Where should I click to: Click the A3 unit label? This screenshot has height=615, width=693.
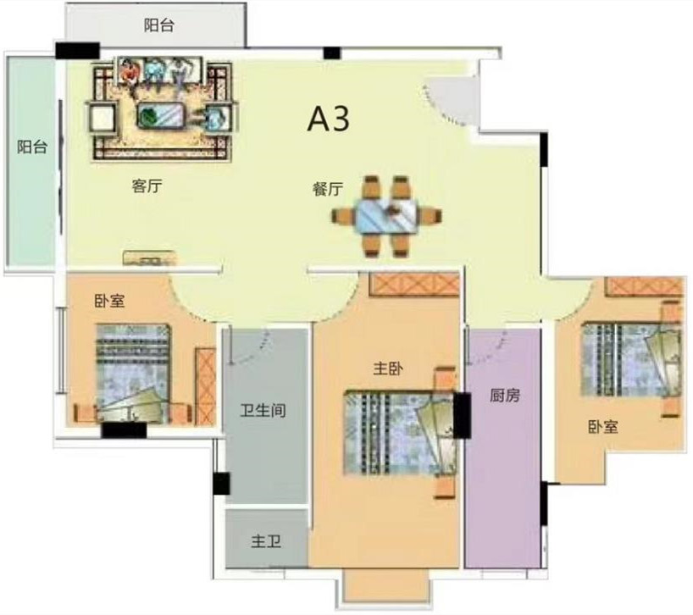tap(328, 119)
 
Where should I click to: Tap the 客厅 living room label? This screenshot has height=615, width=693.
tap(147, 186)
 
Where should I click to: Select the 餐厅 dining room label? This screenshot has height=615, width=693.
tap(328, 189)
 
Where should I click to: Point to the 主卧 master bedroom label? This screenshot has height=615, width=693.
tap(388, 368)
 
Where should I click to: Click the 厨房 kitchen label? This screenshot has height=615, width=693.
tap(505, 395)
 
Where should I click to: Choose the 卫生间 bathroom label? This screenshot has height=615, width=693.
tap(263, 411)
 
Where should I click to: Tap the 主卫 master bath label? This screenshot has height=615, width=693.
tap(266, 541)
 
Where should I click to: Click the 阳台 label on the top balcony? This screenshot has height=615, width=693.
tap(159, 25)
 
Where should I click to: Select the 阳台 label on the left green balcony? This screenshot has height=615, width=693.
tap(32, 147)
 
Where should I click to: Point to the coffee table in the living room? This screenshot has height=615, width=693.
tap(161, 115)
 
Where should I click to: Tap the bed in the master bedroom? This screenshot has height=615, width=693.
tap(400, 432)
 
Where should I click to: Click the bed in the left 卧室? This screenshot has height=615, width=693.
tap(133, 373)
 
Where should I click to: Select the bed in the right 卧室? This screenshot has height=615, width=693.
tap(630, 359)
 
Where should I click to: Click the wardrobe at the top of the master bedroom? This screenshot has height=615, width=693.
tap(414, 284)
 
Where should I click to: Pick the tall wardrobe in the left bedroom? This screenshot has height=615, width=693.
tap(206, 386)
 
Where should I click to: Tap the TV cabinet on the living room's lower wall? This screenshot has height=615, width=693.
tap(149, 258)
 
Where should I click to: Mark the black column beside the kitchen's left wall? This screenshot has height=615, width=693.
tap(462, 416)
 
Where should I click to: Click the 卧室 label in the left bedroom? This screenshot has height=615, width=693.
tap(109, 301)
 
